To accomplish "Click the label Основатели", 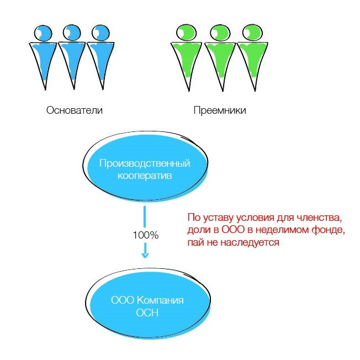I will click(75, 110).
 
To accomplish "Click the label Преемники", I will click(220, 110).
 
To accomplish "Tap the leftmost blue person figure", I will click(41, 58).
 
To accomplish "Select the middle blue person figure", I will click(71, 58).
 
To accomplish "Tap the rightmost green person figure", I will click(253, 58).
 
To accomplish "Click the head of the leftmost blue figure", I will click(41, 33).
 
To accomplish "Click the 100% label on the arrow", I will click(145, 235).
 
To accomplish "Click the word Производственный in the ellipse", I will click(145, 163).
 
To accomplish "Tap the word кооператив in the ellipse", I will click(145, 176).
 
